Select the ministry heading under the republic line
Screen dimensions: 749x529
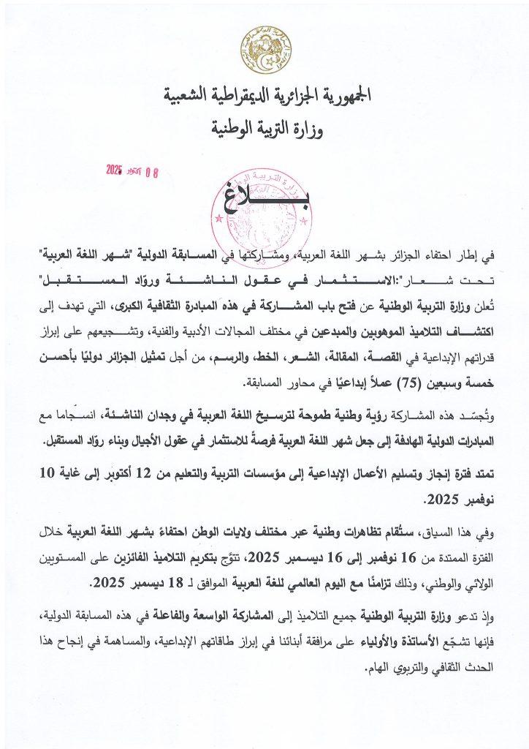264,130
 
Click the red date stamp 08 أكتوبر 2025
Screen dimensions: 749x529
132,173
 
